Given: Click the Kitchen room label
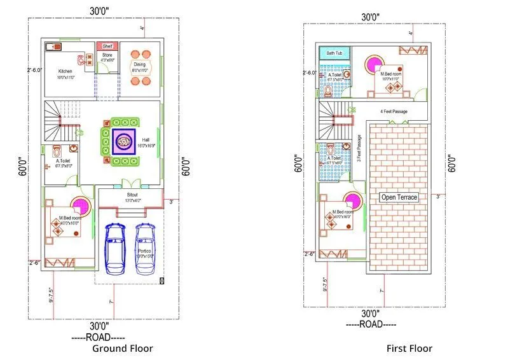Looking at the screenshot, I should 65,71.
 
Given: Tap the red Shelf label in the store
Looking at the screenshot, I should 107,46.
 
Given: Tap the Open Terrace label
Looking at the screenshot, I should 399,197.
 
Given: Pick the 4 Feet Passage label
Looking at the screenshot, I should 394,112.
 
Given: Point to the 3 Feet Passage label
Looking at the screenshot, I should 359,148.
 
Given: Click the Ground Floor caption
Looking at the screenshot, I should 123,348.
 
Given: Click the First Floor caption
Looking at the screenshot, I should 409,348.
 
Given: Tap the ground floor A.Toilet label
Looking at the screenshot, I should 64,162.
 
